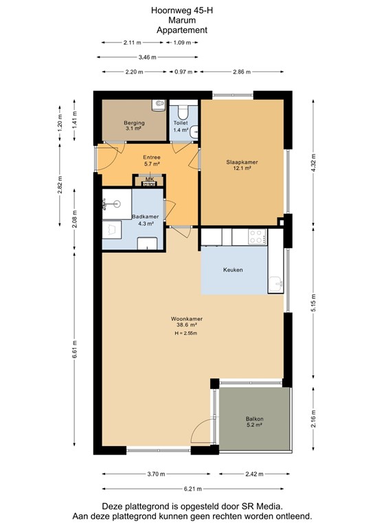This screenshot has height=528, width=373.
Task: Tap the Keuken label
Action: [233, 270]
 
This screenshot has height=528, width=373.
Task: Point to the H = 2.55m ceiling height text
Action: [186, 334]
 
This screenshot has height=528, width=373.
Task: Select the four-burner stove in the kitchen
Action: [257, 237]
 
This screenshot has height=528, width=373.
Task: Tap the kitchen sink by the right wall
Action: [275, 282]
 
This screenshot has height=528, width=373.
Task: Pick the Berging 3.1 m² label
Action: [134, 125]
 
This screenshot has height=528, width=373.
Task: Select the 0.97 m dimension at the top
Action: [183, 71]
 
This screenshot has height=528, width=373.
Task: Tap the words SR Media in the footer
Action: [254, 505]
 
